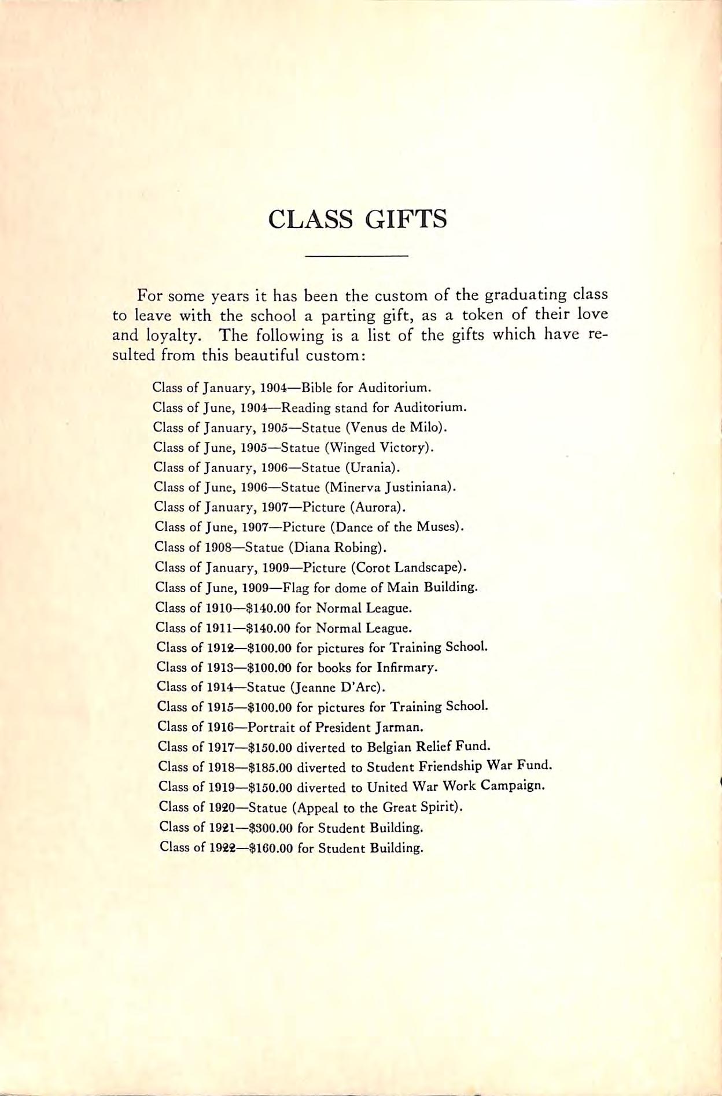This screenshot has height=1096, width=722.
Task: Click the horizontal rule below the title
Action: click(356, 255)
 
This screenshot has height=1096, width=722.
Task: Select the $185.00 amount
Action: click(270, 767)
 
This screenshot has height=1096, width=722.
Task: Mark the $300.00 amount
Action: click(270, 828)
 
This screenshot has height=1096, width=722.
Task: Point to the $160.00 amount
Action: click(270, 848)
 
